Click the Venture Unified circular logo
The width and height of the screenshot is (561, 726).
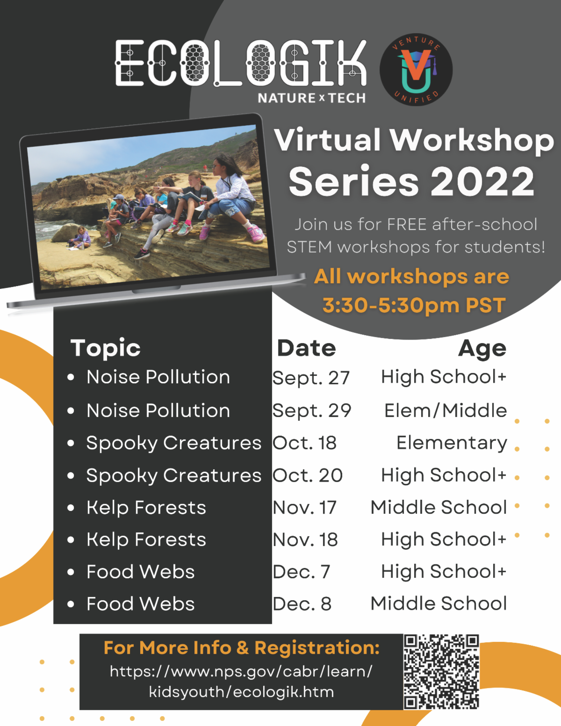[416, 69]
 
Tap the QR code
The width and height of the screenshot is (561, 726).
[441, 671]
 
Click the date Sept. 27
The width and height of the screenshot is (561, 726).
[311, 378]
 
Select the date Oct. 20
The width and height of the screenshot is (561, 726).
[308, 475]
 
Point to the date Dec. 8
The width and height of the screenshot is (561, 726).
[302, 604]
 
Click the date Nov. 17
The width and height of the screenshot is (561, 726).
[304, 508]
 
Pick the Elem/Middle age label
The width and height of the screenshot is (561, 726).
[445, 410]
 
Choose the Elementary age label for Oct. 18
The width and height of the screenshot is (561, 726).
[451, 443]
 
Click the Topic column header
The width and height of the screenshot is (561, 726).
[105, 348]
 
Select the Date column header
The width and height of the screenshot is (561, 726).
[306, 348]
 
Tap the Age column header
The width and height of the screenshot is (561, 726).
[482, 348]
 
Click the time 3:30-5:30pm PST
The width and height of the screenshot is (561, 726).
[414, 305]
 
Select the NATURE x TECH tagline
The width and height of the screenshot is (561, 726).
[311, 98]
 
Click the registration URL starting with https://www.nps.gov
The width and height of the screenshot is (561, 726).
[241, 682]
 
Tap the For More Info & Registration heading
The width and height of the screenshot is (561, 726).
[241, 648]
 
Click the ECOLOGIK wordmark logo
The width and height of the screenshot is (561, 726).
[241, 64]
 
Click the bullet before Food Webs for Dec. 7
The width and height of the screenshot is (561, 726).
[71, 572]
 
